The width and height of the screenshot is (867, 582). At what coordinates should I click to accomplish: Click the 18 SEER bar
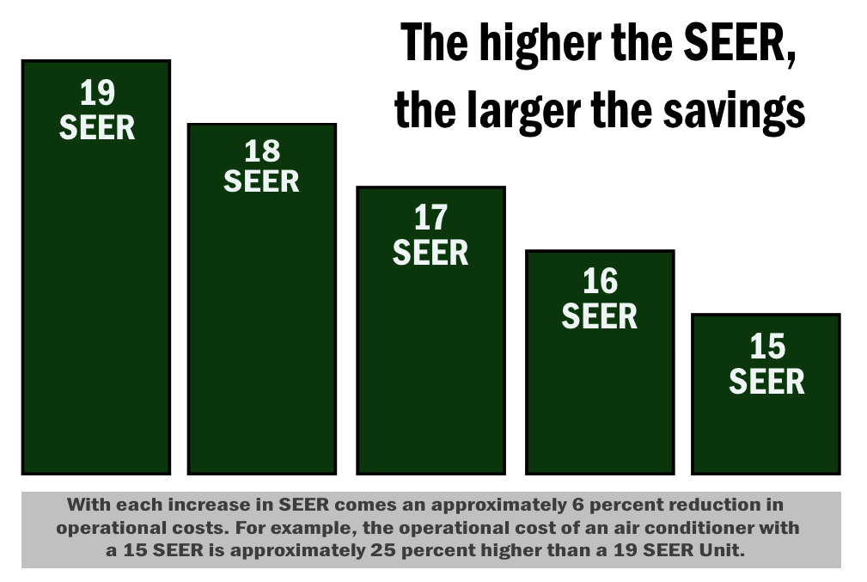point(261,327)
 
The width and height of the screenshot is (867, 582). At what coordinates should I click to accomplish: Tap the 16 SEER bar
point(599,387)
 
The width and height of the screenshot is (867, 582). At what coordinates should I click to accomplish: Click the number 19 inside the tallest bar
point(97,93)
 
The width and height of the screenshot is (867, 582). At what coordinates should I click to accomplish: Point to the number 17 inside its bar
point(430,218)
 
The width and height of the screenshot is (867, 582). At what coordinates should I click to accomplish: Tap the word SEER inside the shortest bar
point(766,381)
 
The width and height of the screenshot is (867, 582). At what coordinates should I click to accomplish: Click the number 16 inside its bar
point(600,282)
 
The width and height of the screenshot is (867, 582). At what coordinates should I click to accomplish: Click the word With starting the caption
point(85,504)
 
